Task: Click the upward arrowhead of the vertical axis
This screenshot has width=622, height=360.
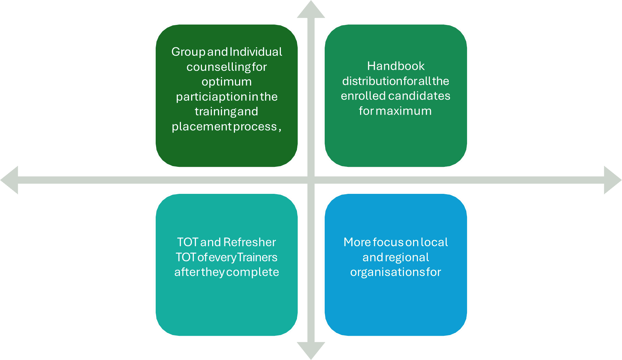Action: click(x=311, y=10)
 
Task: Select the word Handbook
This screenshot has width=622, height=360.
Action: click(x=395, y=66)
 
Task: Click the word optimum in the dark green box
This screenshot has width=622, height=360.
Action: click(x=227, y=82)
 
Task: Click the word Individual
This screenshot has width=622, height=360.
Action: click(x=256, y=52)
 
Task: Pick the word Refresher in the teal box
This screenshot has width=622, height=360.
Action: click(x=249, y=242)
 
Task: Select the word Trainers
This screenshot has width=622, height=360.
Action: click(x=257, y=257)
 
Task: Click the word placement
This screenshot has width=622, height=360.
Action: click(x=201, y=126)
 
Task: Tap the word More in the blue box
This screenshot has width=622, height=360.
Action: click(x=357, y=242)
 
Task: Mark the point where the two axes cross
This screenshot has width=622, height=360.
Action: click(x=311, y=180)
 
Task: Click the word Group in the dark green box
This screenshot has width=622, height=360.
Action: click(x=188, y=52)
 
